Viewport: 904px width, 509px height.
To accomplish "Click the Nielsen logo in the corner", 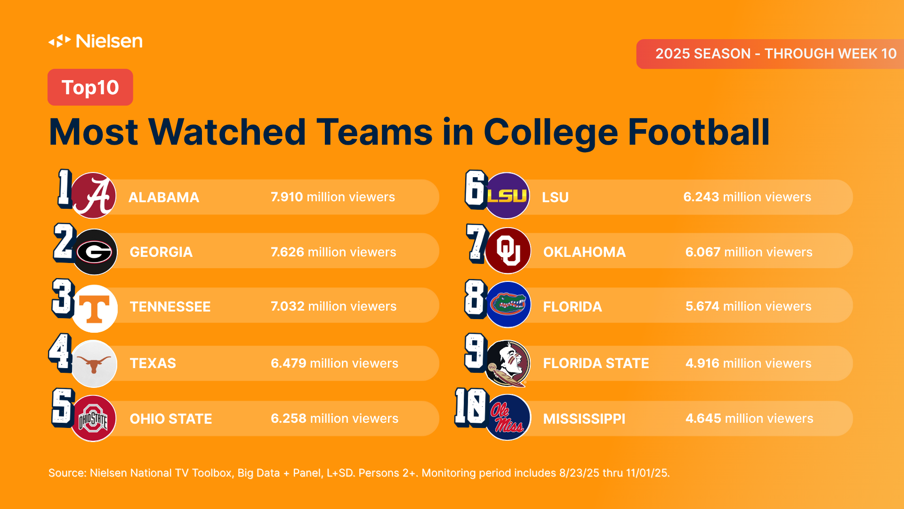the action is pyautogui.click(x=96, y=41).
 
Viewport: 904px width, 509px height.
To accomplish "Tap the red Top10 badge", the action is pyautogui.click(x=90, y=87).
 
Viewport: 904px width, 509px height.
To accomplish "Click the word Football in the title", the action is pyautogui.click(x=699, y=132).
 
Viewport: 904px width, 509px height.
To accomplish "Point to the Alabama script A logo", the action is pyautogui.click(x=94, y=196).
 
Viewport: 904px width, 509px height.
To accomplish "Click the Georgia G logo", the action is pyautogui.click(x=94, y=252).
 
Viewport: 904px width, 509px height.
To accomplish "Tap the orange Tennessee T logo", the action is pyautogui.click(x=95, y=308).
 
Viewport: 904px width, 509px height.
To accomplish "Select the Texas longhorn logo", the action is pyautogui.click(x=94, y=363).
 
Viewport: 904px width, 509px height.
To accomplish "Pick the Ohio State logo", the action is pyautogui.click(x=93, y=419).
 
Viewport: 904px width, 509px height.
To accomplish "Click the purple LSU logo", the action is pyautogui.click(x=507, y=196).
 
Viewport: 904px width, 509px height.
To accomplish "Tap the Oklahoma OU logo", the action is pyautogui.click(x=508, y=251).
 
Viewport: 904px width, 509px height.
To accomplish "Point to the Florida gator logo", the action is pyautogui.click(x=508, y=305).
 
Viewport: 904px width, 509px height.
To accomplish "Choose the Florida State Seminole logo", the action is pyautogui.click(x=508, y=363).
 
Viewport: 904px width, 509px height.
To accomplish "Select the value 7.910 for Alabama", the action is pyautogui.click(x=286, y=197).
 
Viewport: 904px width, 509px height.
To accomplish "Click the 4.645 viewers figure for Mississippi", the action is pyautogui.click(x=703, y=419).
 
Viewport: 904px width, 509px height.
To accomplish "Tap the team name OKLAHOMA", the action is pyautogui.click(x=584, y=252).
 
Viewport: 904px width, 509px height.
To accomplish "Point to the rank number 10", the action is pyautogui.click(x=470, y=407).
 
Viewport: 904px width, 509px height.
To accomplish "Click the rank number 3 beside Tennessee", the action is pyautogui.click(x=63, y=297).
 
